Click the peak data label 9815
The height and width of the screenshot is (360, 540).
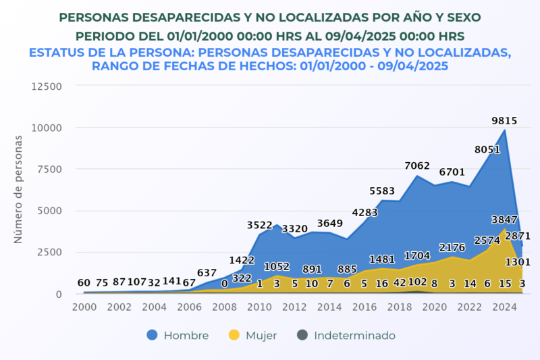[x=504, y=121]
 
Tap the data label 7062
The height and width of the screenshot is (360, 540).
[x=417, y=165]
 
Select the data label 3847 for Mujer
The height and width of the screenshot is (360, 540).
[x=504, y=220]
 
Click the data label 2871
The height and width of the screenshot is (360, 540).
[x=518, y=236]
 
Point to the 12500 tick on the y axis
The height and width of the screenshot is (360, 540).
[x=47, y=86]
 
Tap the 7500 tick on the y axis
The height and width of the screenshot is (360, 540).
[x=49, y=169]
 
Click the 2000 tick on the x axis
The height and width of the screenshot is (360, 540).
[x=84, y=307]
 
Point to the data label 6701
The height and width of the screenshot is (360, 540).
[x=452, y=172]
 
